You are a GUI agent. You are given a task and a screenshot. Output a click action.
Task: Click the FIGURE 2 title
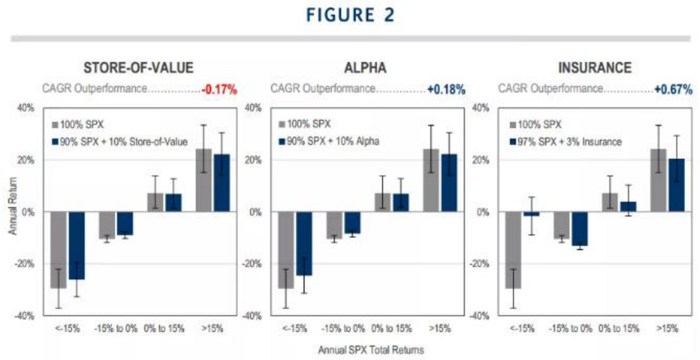[349, 15]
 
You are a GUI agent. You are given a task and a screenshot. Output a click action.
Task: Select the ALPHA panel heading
[367, 68]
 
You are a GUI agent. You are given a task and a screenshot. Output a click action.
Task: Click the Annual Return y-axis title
[14, 212]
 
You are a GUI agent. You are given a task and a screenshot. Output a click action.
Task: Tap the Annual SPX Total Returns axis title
[371, 350]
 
